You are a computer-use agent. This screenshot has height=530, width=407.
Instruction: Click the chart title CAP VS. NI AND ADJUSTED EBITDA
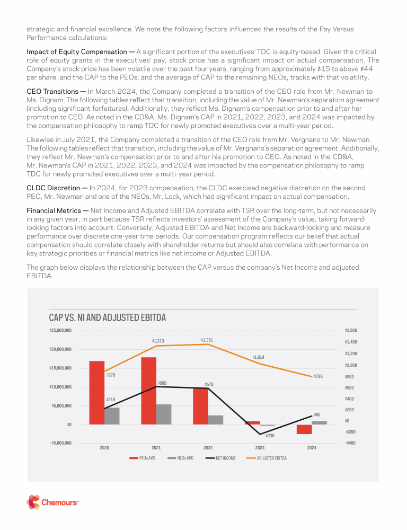click(108, 318)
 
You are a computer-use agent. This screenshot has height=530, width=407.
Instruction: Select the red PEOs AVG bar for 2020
click(96, 392)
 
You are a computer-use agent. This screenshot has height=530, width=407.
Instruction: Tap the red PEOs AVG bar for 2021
click(149, 391)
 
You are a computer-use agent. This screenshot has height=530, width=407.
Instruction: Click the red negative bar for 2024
click(304, 429)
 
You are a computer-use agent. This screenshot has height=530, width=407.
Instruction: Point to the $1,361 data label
click(207, 339)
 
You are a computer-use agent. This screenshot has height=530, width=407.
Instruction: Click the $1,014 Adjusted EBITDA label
click(259, 357)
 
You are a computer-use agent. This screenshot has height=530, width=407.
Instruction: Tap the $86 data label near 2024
click(317, 414)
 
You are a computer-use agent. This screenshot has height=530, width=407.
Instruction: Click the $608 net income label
click(162, 382)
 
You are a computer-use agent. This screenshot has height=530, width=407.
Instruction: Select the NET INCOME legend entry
click(222, 458)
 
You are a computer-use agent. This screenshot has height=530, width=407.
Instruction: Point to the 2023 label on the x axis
click(260, 448)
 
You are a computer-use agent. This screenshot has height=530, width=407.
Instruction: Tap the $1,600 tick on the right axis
click(351, 330)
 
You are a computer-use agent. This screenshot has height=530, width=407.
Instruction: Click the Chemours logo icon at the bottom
click(33, 502)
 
